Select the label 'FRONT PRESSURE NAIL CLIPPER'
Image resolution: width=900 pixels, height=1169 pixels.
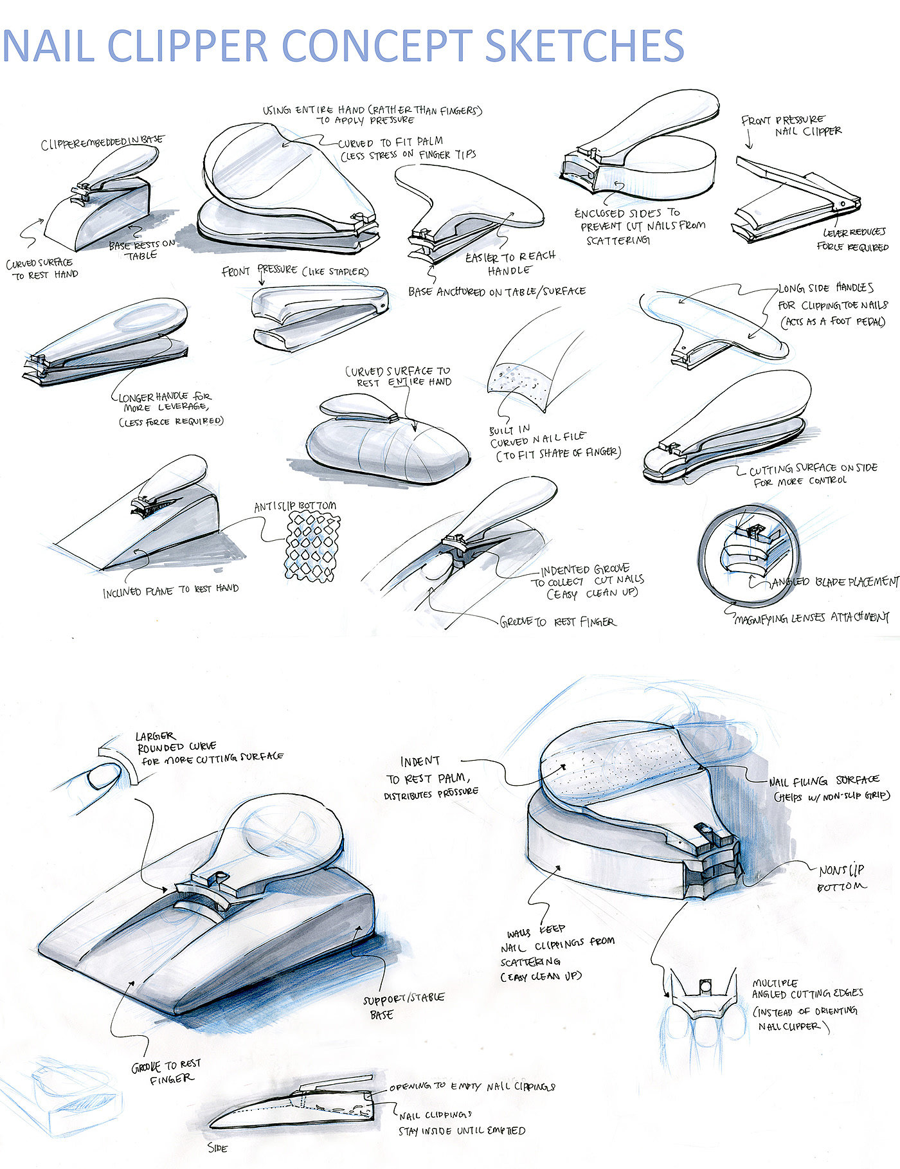(x=791, y=125)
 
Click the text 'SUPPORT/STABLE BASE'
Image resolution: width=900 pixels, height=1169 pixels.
(x=403, y=1005)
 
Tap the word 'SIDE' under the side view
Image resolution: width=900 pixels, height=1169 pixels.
(x=217, y=1147)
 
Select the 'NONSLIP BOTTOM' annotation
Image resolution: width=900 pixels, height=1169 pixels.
(x=841, y=878)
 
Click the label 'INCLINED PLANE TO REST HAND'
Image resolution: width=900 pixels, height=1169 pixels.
(x=170, y=590)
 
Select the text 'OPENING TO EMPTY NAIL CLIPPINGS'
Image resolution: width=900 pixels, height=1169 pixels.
(x=472, y=1087)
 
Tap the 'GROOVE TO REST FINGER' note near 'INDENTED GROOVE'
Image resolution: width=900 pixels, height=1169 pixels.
(x=557, y=622)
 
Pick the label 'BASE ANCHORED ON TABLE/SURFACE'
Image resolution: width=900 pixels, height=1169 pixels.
(x=496, y=291)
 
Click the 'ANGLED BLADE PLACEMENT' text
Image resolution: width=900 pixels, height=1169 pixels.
(x=834, y=581)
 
